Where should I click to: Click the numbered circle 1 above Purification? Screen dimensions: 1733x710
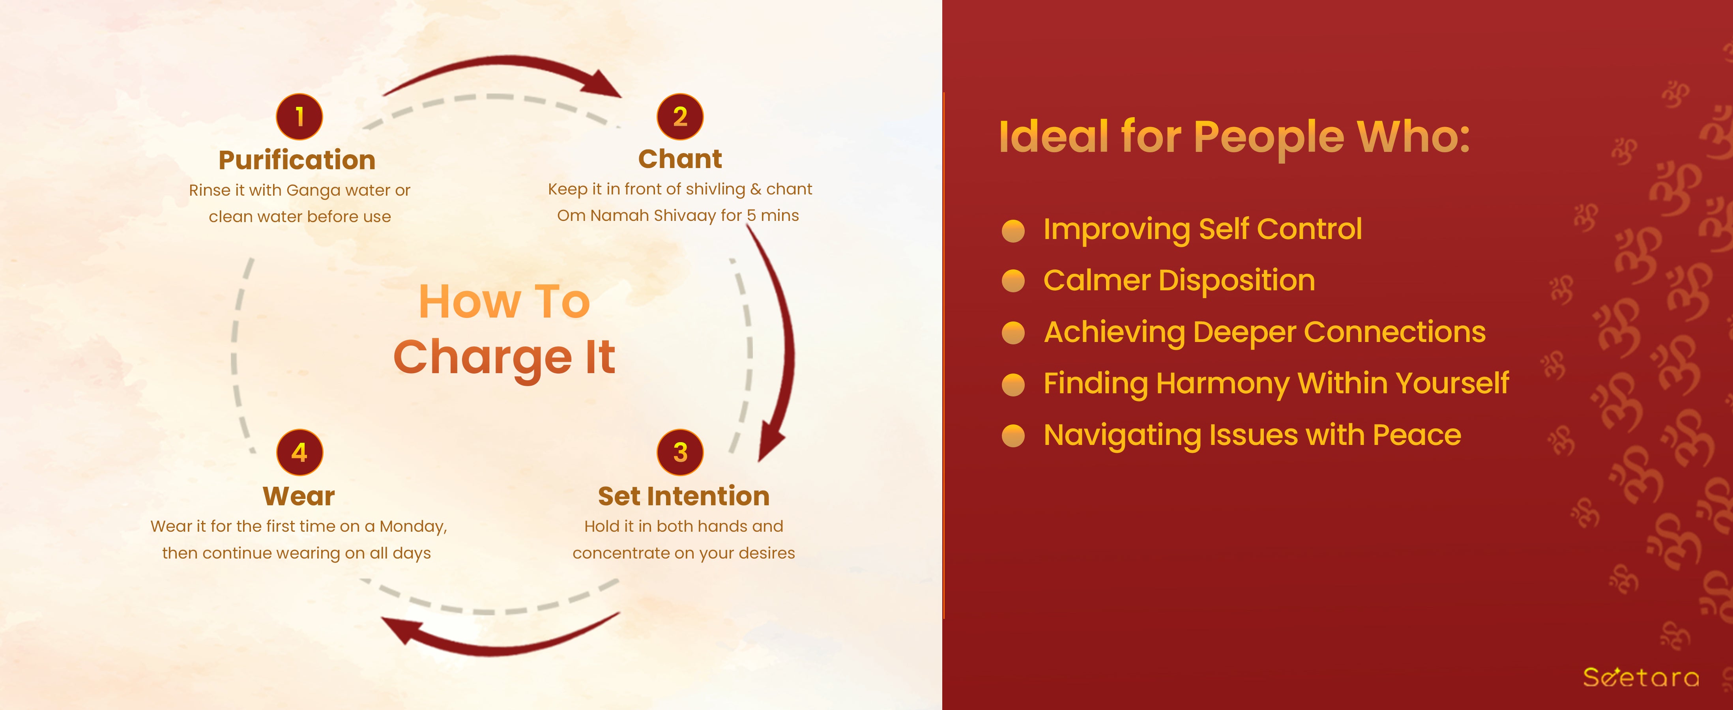pos(299,116)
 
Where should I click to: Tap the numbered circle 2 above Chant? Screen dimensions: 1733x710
pos(680,116)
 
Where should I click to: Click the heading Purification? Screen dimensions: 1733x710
pos(298,160)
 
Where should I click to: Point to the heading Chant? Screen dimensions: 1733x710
pos(680,159)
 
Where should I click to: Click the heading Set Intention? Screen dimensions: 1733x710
pos(683,496)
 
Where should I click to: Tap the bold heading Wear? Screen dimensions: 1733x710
pos(299,496)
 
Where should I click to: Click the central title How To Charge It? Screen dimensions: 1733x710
pos(505,329)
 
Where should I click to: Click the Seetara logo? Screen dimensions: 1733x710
pos(1641,676)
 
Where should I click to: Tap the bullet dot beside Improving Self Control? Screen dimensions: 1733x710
pos(1013,231)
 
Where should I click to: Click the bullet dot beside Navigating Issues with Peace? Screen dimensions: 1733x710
pos(1013,436)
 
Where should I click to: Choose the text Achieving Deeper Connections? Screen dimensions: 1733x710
pos(1265,332)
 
